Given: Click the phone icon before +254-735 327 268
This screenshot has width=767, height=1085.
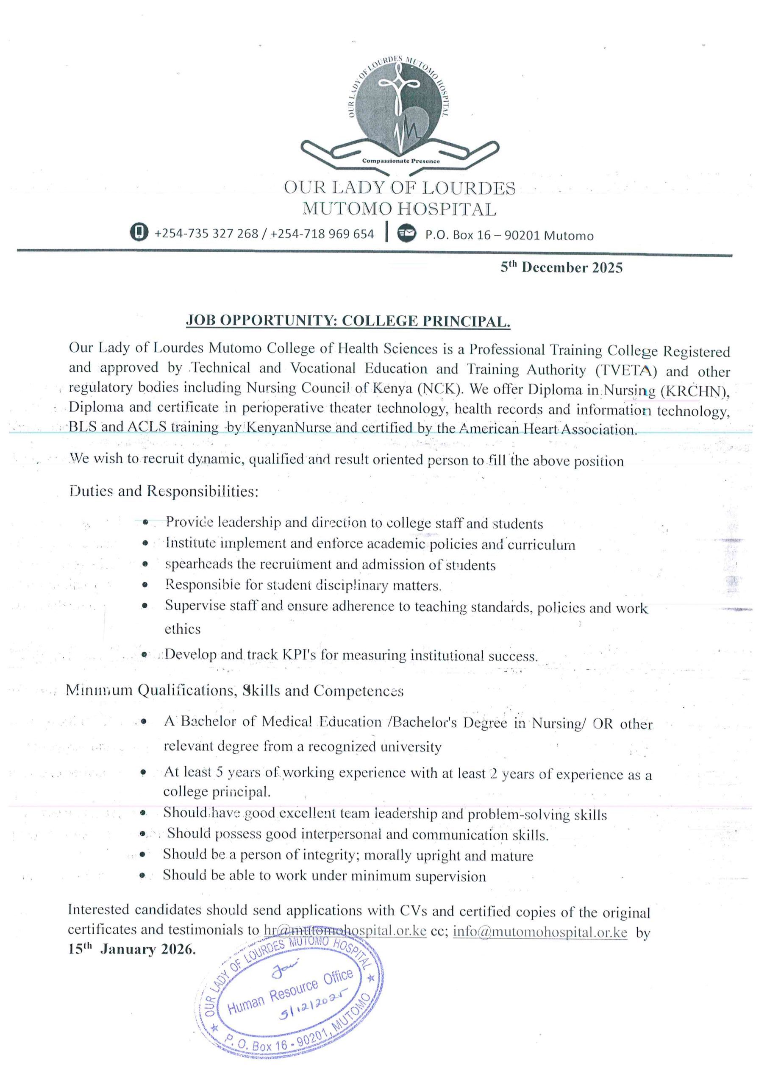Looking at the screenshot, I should coord(139,233).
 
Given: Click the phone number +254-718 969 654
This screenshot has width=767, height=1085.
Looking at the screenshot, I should coord(323,234).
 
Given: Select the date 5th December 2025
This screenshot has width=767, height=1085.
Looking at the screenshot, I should coord(561,268).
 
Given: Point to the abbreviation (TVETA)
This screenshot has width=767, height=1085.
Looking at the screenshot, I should coord(626,370).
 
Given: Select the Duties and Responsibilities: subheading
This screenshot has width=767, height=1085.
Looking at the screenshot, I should coord(164,492).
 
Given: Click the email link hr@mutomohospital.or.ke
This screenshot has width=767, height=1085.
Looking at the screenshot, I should coord(345,932).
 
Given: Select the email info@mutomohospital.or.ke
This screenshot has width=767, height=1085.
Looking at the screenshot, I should coord(540,932).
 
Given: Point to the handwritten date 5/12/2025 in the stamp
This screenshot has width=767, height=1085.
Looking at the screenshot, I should coord(308,1012).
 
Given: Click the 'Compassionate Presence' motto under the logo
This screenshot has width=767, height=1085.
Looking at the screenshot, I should coord(401,161).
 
